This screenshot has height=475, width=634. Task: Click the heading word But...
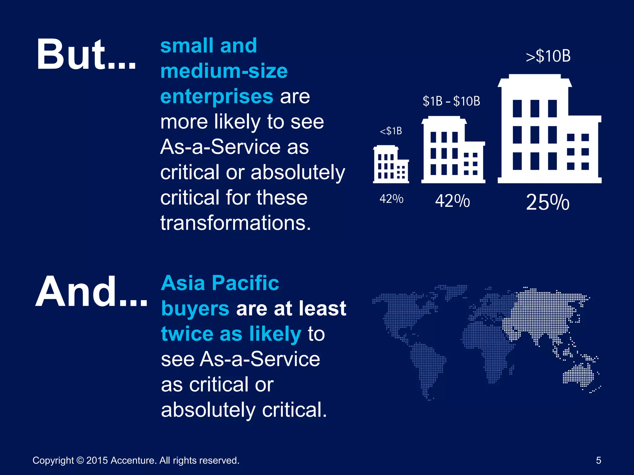86,54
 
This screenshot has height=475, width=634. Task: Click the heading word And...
91,292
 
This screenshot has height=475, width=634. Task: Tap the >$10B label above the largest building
548,56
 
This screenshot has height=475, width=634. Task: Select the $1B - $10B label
451,101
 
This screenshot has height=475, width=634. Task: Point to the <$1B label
391,131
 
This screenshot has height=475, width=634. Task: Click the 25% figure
547,203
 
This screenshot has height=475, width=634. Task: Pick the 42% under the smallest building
391,199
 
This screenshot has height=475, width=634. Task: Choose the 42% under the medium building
452,201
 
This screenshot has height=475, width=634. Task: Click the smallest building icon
391,164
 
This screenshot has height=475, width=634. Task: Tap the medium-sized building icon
453,150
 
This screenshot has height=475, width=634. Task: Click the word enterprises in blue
217,96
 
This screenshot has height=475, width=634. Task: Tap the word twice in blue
187,334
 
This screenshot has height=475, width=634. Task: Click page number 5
598,460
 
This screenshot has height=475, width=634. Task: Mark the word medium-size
224,71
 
